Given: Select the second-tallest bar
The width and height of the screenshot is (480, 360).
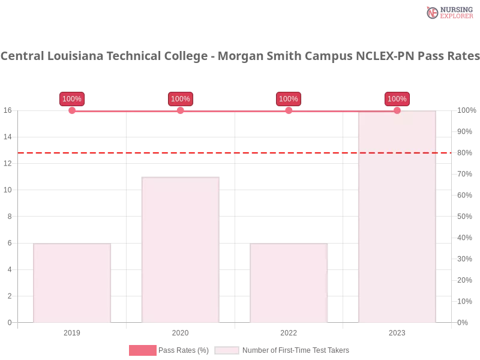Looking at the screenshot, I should (180, 249).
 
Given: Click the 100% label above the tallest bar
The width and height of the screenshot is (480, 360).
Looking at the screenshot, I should (397, 99).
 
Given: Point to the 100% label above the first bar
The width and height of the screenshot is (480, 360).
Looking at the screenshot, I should (72, 99).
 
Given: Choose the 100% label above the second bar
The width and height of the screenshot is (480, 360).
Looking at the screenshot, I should (180, 99).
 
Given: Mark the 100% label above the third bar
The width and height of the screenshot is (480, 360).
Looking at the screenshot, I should (289, 99).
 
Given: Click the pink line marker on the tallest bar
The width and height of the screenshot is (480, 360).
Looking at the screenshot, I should (397, 110).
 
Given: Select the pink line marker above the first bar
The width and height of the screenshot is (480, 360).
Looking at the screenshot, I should (72, 110).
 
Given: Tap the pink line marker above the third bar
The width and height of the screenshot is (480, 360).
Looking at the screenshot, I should (289, 110).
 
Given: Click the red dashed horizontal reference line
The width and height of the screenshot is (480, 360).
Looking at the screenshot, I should (240, 152).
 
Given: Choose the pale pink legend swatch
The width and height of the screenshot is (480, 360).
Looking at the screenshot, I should (227, 350).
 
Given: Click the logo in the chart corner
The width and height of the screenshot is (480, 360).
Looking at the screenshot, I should (448, 12).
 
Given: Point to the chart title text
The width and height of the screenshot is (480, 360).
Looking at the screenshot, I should (240, 56).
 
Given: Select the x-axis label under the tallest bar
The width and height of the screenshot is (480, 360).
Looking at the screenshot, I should (397, 331).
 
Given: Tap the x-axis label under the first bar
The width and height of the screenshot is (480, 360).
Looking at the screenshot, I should (72, 331).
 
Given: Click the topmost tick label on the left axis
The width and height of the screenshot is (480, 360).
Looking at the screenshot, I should (8, 110).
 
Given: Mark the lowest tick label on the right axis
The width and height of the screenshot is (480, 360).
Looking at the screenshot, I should (463, 322).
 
